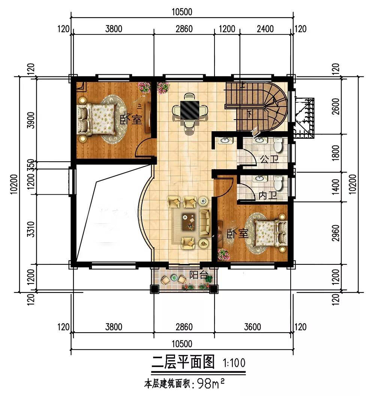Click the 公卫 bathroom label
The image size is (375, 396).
click(270, 159)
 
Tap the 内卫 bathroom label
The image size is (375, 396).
click(268, 195)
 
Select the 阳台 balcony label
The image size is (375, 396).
click(198, 275)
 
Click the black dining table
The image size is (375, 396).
click(189, 110)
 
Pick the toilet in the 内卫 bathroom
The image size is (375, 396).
click(278, 183)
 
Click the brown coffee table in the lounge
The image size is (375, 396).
click(189, 222)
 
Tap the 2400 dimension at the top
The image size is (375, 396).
click(265, 29)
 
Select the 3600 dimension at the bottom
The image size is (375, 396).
click(252, 327)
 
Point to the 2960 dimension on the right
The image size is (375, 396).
click(336, 232)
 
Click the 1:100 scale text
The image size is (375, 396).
click(234, 363)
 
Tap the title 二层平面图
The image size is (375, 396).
click(183, 362)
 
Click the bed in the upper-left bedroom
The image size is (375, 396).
click(96, 119)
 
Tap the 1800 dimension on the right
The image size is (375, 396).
click(336, 153)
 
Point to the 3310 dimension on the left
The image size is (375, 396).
click(31, 229)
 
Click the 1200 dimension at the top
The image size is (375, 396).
click(227, 29)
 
